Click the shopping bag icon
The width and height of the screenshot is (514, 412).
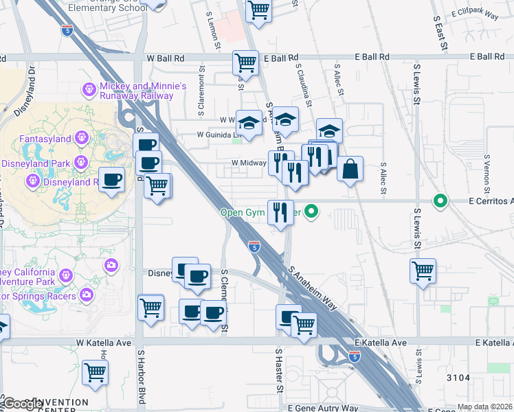pyautogui.click(x=350, y=169)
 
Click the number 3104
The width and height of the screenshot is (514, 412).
pyautogui.click(x=457, y=378)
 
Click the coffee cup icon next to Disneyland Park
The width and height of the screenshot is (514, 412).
pyautogui.click(x=111, y=179)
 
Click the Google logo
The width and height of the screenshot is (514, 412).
pyautogui.click(x=22, y=404)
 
